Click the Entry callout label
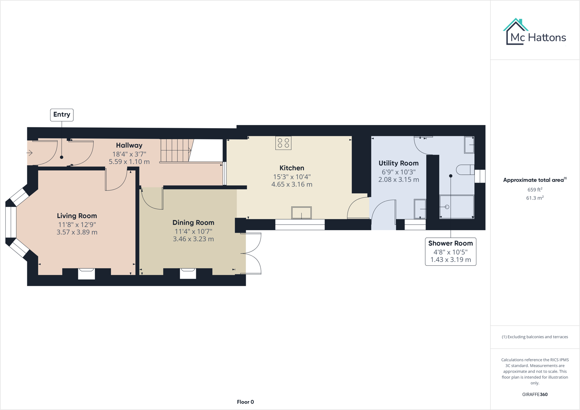click(x=62, y=115)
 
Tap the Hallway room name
click(x=129, y=145)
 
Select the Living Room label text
click(x=77, y=216)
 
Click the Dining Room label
click(x=193, y=223)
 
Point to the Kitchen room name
click(x=292, y=168)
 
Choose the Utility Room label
click(x=398, y=163)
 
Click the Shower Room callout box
click(x=450, y=251)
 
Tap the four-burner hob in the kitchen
click(x=283, y=143)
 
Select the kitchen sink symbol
click(x=301, y=213)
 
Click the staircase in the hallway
click(x=176, y=150)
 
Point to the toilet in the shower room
click(x=465, y=169)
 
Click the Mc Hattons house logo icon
click(x=515, y=31)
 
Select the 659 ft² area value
click(x=535, y=190)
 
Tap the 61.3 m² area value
click(x=535, y=198)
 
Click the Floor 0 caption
click(x=245, y=402)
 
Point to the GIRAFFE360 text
click(x=535, y=394)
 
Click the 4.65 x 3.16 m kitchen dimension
click(x=292, y=184)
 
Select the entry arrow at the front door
click(x=29, y=153)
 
